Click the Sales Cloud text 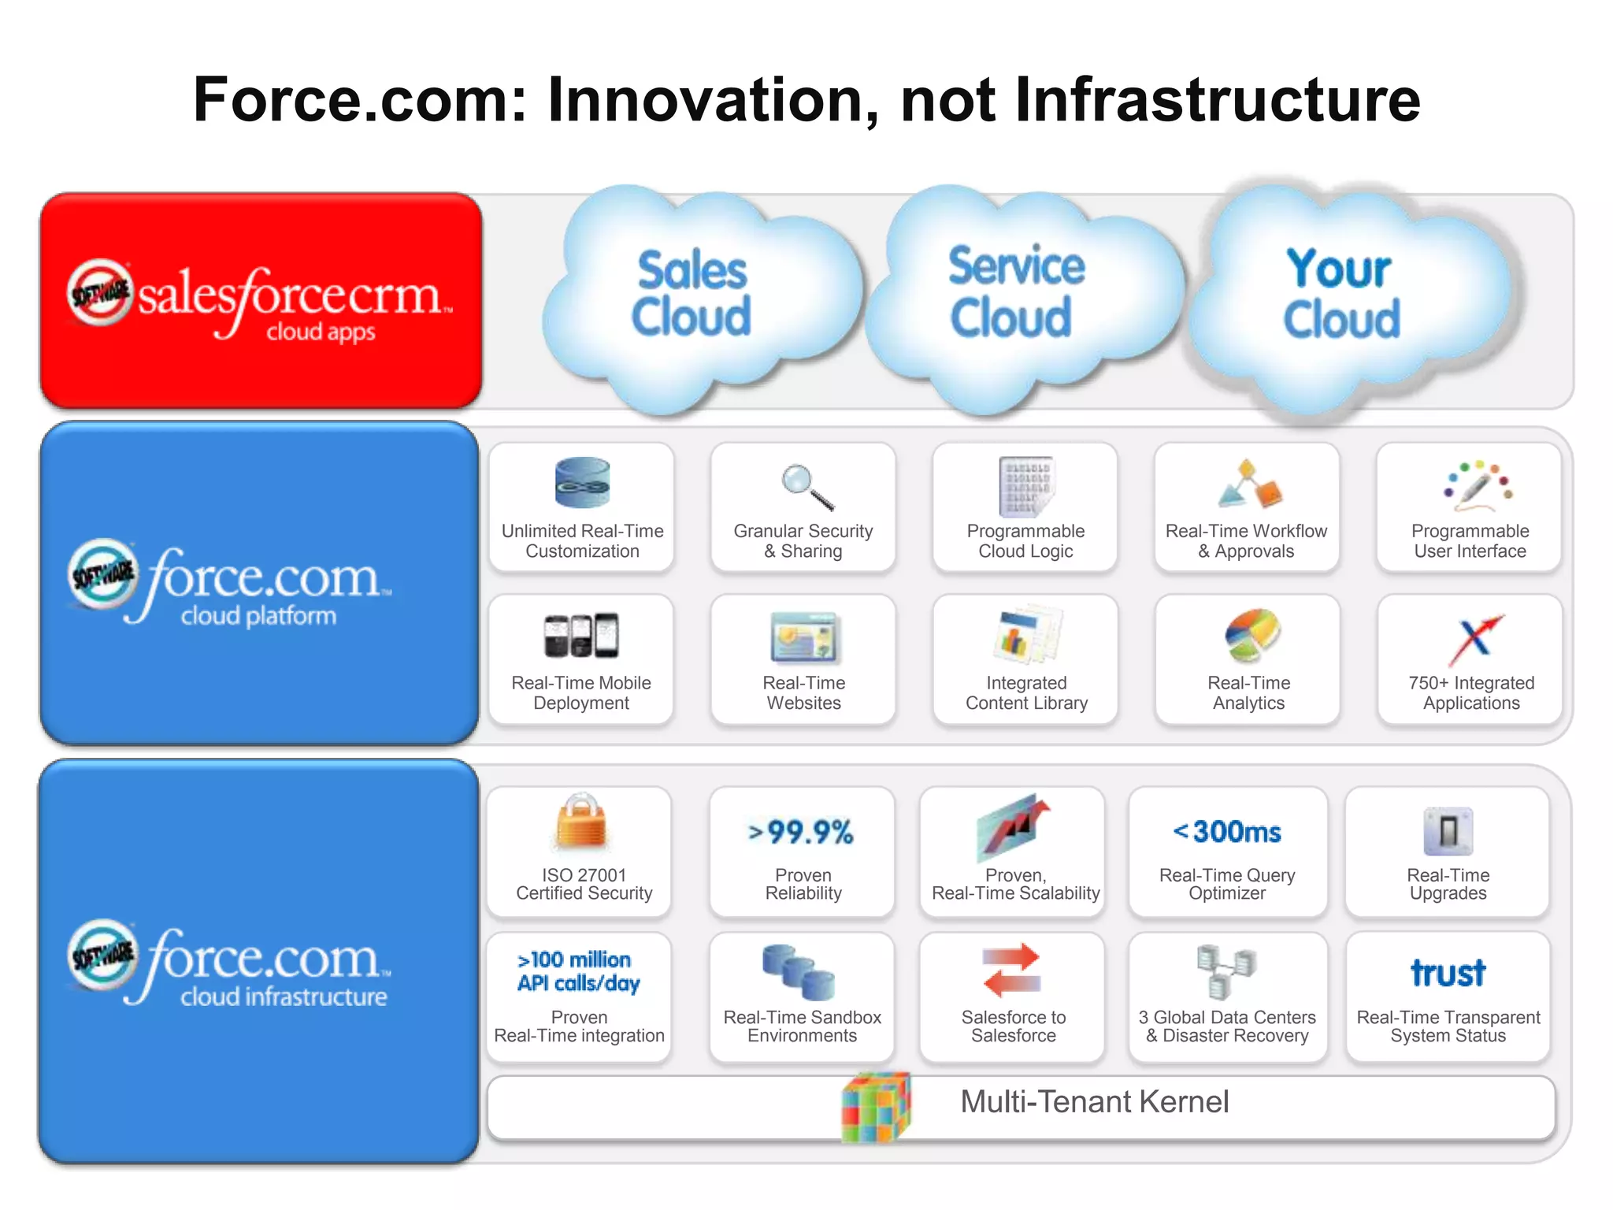tap(692, 293)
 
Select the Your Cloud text tap(1340, 293)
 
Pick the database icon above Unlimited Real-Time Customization tap(582, 482)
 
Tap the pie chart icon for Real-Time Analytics tap(1252, 635)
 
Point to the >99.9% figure tap(801, 832)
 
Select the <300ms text tap(1227, 831)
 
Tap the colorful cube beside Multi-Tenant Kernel tap(876, 1108)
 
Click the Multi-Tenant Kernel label tap(1094, 1101)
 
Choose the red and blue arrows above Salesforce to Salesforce tap(1013, 969)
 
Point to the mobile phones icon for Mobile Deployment tap(581, 635)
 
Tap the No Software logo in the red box tap(100, 292)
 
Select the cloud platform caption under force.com tap(258, 615)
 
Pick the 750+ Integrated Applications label tap(1471, 692)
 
